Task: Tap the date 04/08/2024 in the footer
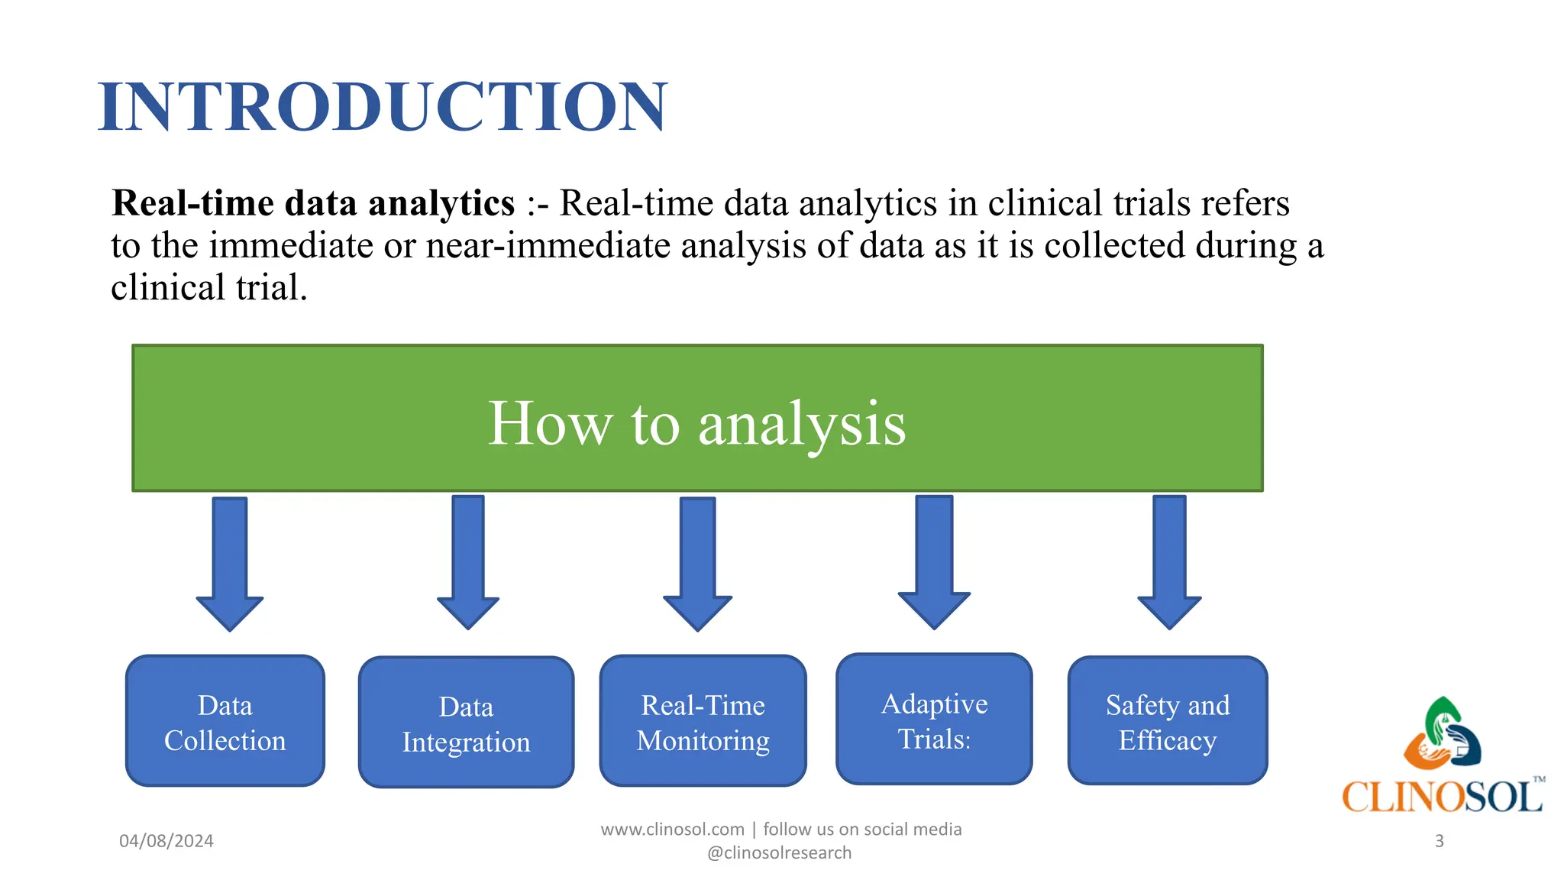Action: pos(166,841)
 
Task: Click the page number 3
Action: pos(1439,841)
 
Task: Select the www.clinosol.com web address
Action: pos(672,830)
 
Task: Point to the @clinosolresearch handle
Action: pos(779,853)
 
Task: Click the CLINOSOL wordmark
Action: pos(1442,797)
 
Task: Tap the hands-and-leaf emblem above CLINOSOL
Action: pos(1442,733)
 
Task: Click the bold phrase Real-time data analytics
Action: pos(313,204)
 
